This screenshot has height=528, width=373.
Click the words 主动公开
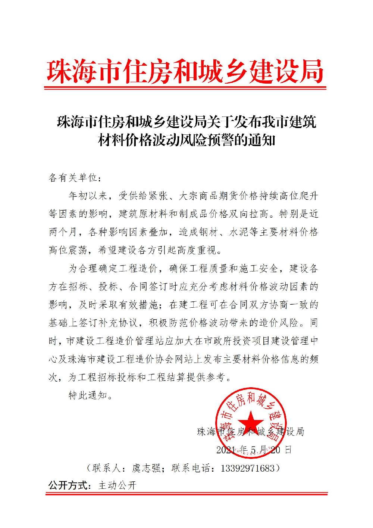click(x=117, y=486)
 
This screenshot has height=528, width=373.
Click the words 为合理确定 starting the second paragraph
click(x=92, y=268)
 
